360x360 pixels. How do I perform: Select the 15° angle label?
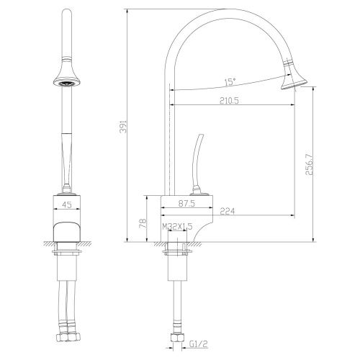pos(230,81)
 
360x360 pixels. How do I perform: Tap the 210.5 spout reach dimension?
pos(230,103)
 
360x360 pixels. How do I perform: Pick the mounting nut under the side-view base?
pos(176,250)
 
